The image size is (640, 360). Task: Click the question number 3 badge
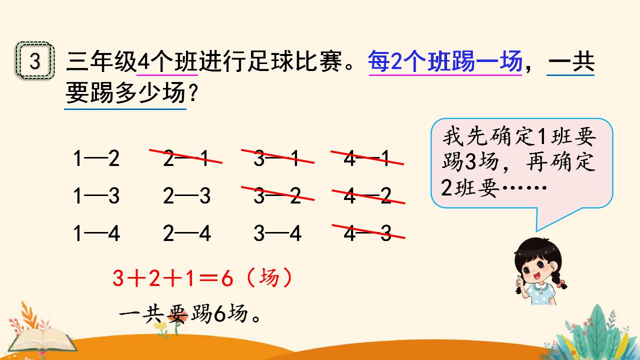tap(35, 61)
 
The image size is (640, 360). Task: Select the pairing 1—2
tap(96, 158)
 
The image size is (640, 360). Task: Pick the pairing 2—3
tap(186, 196)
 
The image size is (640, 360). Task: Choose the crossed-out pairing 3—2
tap(277, 195)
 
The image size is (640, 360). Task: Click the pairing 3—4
tap(277, 233)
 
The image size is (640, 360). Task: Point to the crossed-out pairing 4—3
tap(368, 232)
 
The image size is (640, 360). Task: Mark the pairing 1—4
tap(96, 233)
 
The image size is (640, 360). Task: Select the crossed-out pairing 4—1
tap(367, 157)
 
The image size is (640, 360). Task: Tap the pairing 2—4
tap(187, 233)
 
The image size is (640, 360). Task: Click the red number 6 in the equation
tap(227, 278)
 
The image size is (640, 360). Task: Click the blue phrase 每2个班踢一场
tap(445, 61)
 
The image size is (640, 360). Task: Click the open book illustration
tap(43, 340)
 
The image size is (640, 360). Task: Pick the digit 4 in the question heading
tap(143, 61)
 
